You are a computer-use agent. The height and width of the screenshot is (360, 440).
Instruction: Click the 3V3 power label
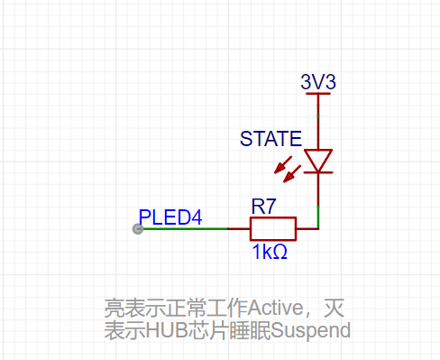coord(318,82)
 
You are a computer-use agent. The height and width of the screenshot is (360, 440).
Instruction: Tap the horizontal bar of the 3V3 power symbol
coord(318,94)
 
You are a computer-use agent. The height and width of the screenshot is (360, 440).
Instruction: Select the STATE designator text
coord(270,139)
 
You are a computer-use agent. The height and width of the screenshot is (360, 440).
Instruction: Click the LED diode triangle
coord(318,161)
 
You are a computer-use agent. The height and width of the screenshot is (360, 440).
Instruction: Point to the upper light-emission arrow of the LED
coord(283,165)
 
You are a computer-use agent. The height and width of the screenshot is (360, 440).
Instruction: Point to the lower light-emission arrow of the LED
coord(292,174)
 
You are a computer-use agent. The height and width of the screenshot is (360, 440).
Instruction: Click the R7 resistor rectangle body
coord(273,229)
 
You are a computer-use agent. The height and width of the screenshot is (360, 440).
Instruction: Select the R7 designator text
coord(263,207)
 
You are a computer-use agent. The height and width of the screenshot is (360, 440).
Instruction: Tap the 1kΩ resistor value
coord(270,252)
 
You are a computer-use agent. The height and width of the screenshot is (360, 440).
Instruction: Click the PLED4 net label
coord(170,217)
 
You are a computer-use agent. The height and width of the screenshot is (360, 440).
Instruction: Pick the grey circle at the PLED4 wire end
coord(138,229)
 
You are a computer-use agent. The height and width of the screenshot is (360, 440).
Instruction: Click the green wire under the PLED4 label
coord(185,229)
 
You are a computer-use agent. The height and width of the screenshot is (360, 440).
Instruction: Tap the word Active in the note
coord(276,308)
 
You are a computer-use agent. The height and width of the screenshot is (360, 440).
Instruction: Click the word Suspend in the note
coord(311,331)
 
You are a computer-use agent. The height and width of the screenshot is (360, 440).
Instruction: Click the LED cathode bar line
coord(318,172)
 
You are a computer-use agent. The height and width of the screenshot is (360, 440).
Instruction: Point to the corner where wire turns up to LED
coord(318,229)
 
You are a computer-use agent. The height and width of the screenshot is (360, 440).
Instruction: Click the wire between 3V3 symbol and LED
coord(318,122)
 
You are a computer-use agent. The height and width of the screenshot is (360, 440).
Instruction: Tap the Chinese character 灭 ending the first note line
coord(334,308)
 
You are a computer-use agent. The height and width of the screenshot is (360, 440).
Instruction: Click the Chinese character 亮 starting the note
coord(115,308)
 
